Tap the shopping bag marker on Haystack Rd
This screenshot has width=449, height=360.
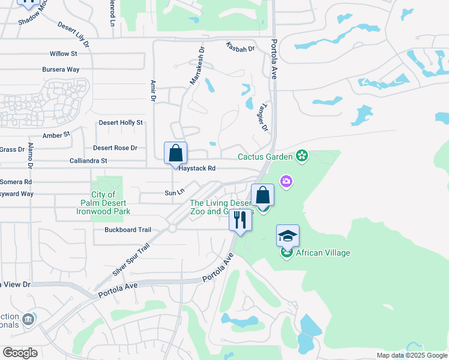click(175, 154)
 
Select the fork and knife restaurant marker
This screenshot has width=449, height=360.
click(240, 220)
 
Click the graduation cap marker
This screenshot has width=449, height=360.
click(288, 235)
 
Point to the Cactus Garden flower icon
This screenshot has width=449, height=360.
click(302, 157)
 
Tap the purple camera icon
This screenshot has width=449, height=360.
click(286, 181)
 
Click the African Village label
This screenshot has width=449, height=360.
click(322, 253)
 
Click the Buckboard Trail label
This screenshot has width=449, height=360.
click(128, 230)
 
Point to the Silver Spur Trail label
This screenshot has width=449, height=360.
click(130, 260)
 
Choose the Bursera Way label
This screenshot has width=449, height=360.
click(61, 70)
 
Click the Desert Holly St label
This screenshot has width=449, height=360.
click(121, 122)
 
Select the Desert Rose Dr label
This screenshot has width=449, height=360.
click(115, 148)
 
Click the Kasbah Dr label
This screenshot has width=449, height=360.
click(241, 47)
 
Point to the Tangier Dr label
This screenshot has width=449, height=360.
click(262, 116)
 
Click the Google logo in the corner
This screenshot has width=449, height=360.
click(20, 353)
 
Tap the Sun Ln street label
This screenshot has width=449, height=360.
click(173, 193)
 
